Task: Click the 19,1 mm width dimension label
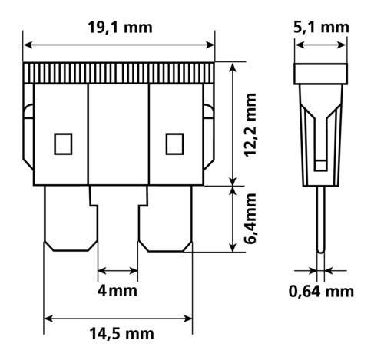120,28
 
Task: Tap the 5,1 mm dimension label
323,28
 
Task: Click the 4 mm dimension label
118,292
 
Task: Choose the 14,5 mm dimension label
121,334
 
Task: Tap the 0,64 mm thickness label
322,292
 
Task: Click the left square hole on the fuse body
62,142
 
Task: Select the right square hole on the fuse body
174,142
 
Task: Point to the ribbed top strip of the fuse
120,73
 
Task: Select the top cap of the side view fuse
322,74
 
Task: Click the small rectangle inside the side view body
320,164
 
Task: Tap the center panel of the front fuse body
118,134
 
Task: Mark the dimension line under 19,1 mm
120,44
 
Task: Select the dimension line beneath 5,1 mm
322,44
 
